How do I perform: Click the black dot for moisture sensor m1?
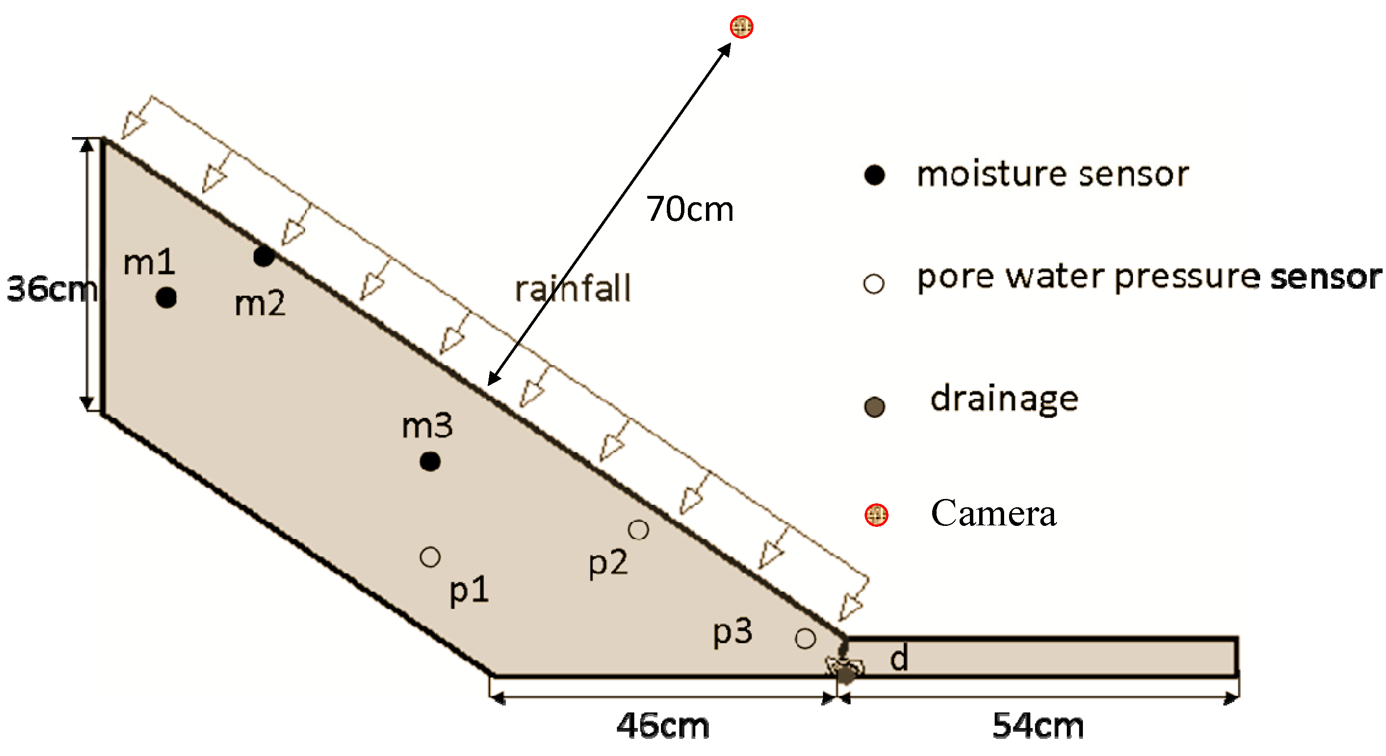click(x=166, y=298)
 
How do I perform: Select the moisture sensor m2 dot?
click(x=264, y=256)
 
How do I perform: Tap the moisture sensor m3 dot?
click(x=430, y=461)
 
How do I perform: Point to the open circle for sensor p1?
click(x=430, y=557)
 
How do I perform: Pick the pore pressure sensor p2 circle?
click(x=638, y=530)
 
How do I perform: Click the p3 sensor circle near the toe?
click(x=805, y=638)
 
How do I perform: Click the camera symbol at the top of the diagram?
click(x=741, y=26)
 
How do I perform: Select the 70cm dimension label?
click(x=690, y=209)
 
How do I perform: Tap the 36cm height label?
click(x=51, y=288)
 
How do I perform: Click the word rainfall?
click(x=572, y=288)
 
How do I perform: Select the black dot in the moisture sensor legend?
click(x=874, y=175)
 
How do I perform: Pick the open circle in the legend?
click(x=874, y=283)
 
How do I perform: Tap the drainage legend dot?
click(x=874, y=407)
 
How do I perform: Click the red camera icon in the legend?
click(x=876, y=515)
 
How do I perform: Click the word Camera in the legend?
click(x=993, y=513)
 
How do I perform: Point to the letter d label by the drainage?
click(x=899, y=658)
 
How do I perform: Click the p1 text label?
click(x=469, y=591)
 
